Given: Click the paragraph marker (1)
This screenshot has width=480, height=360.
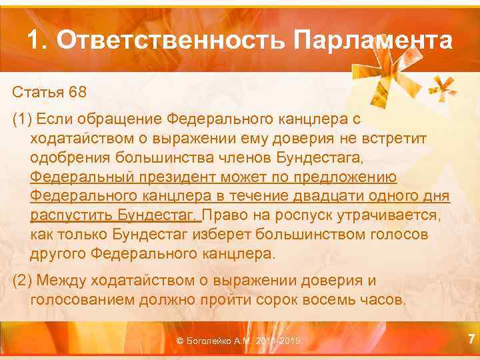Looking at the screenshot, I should [x=23, y=119].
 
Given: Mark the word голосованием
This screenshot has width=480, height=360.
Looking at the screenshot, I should [x=82, y=299].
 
